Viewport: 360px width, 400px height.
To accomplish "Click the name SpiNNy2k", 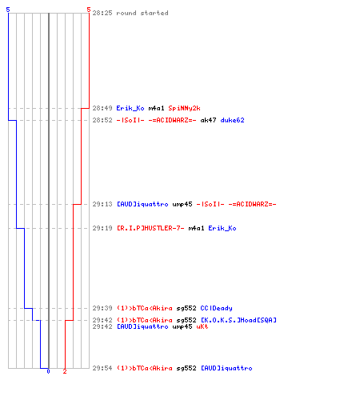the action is point(184,108).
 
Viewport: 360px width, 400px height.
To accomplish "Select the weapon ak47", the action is point(208,120).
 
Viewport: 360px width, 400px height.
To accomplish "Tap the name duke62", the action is point(232,120).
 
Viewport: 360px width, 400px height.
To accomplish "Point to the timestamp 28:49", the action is point(102,108).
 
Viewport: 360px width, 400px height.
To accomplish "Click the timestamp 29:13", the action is point(102,204).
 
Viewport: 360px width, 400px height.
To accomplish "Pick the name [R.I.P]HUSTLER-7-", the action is point(150,228).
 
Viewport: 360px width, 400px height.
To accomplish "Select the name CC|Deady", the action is point(216,308).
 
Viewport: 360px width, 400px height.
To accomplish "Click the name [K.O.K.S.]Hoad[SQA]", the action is point(238,320).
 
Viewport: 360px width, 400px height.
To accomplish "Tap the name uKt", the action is point(202,326).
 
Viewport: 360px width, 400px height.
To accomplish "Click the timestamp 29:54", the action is point(102,368).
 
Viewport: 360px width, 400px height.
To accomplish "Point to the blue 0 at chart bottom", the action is point(48,371).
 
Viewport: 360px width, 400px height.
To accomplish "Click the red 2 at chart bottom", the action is point(65,371).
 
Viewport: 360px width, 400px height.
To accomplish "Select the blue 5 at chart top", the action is point(8,10).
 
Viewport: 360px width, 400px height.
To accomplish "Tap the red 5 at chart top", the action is point(89,10).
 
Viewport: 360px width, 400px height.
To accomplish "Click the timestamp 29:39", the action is point(102,308).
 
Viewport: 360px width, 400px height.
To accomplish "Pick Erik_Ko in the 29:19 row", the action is point(222,228).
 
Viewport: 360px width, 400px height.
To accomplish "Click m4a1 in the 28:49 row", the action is point(156,108).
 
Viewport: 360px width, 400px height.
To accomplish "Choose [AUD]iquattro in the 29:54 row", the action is point(226,368).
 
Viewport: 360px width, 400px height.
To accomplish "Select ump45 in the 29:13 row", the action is point(182,204).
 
